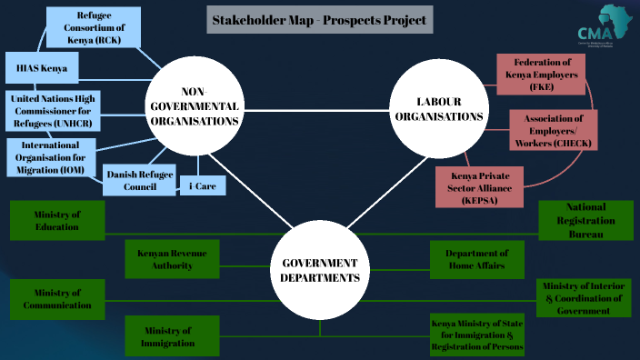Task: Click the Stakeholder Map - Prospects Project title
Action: (319, 19)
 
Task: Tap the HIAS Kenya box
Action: (42, 68)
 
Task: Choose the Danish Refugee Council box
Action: (139, 180)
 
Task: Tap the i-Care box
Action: (202, 185)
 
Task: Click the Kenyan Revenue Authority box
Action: (172, 259)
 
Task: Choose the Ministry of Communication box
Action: (57, 299)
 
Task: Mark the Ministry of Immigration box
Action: (172, 335)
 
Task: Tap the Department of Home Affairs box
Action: (477, 259)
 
